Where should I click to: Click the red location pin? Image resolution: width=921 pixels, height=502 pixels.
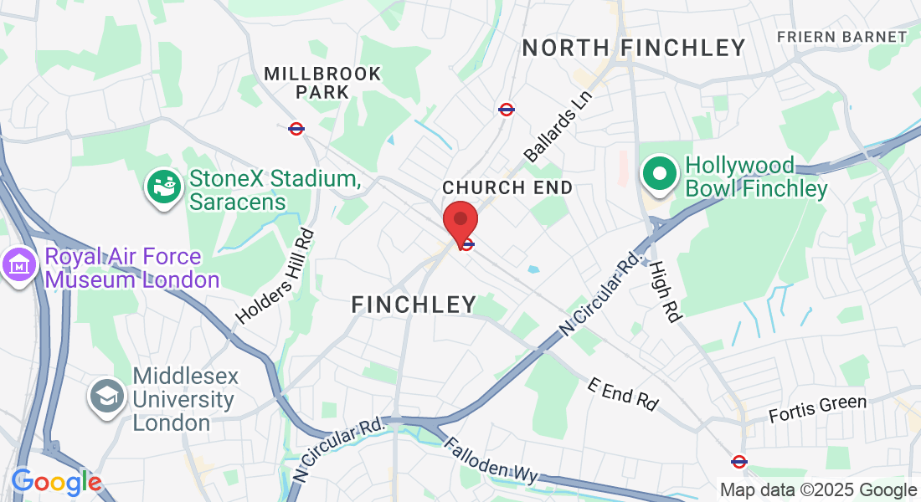(460, 221)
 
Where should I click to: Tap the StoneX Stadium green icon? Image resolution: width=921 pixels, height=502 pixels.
(164, 186)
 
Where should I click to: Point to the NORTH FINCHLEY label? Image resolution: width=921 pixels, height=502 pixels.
(634, 48)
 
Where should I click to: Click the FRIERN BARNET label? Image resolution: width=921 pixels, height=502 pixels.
(841, 37)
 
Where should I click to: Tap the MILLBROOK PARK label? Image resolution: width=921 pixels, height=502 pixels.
(322, 83)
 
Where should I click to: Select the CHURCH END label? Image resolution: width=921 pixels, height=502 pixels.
(507, 187)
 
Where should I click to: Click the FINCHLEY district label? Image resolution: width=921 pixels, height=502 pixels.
(414, 305)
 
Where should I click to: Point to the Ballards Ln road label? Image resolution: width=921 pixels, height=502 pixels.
(558, 126)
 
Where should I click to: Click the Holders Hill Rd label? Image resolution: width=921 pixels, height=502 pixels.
(275, 276)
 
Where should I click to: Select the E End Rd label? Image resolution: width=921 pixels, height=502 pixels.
(622, 393)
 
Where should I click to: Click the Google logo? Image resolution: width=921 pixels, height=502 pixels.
(56, 482)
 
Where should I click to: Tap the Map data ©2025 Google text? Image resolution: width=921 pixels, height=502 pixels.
(818, 490)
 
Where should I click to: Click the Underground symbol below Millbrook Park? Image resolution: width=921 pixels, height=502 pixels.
(296, 129)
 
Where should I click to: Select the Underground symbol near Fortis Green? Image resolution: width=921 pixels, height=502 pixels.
(738, 461)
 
